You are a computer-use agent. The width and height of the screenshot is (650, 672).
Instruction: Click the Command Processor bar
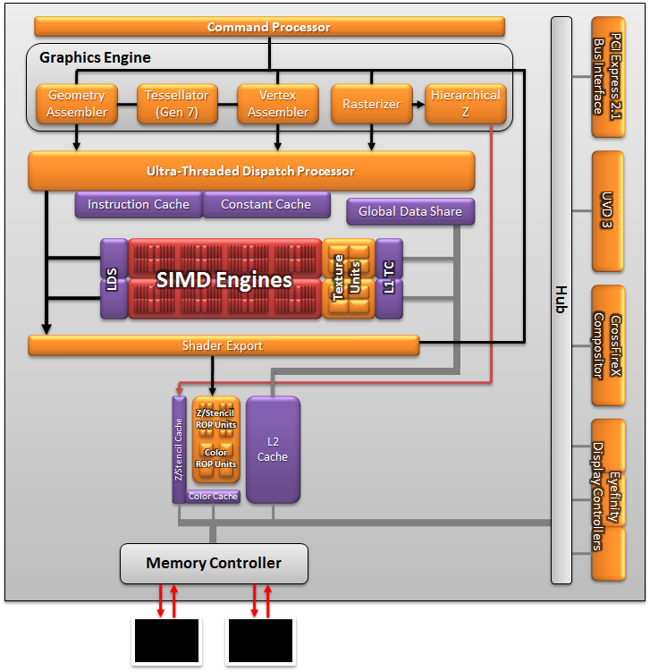(268, 28)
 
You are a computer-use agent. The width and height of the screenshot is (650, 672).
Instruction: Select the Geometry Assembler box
(77, 104)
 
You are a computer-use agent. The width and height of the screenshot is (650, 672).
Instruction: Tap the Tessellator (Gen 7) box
(177, 104)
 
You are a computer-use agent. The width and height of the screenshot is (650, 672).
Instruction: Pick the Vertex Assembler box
(278, 104)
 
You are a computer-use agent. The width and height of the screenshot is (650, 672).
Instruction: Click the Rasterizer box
(371, 104)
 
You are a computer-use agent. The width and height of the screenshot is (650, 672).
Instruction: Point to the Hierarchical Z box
(466, 104)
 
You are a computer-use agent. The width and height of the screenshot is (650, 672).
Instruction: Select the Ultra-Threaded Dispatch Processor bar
(250, 171)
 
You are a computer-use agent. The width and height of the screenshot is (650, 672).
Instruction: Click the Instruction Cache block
(139, 205)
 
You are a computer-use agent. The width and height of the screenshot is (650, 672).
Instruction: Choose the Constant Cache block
(266, 205)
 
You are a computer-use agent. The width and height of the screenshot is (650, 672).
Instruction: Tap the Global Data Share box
(410, 212)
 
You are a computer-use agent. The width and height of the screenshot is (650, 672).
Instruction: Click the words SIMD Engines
(224, 280)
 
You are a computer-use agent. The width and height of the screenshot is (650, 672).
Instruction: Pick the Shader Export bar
(224, 345)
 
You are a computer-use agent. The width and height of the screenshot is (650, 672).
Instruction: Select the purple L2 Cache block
(273, 449)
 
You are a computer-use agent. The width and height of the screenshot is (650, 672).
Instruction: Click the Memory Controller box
(214, 564)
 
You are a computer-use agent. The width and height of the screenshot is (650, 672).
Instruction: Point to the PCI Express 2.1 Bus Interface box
(607, 75)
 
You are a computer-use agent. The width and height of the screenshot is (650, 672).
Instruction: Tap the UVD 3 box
(607, 211)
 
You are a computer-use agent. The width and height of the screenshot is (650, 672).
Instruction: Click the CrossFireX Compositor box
(607, 345)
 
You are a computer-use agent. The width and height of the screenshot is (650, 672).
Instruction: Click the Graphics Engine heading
(95, 58)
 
